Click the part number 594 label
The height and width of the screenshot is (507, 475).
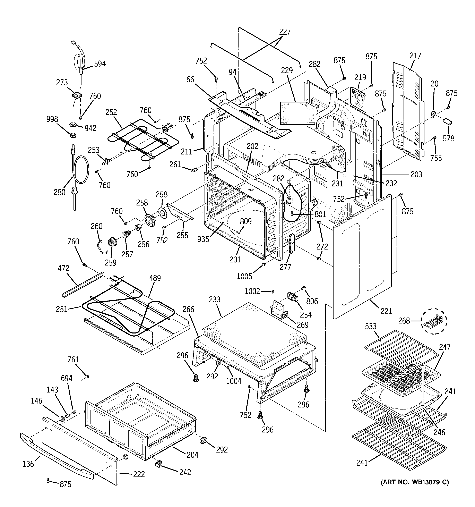click(100, 64)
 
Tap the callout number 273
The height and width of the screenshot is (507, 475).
click(62, 82)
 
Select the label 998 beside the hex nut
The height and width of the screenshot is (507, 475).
click(52, 119)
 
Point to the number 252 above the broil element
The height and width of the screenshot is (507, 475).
click(111, 112)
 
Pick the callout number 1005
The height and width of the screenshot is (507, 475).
click(244, 276)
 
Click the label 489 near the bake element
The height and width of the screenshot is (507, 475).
click(155, 278)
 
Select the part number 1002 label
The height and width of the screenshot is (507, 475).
click(252, 291)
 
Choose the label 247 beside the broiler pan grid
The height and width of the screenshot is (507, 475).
click(445, 347)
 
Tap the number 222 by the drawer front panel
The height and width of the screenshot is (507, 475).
click(139, 474)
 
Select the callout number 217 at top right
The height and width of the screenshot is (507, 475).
click(415, 56)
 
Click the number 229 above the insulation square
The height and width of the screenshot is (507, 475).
click(287, 70)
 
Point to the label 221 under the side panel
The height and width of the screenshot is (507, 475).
click(386, 311)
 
